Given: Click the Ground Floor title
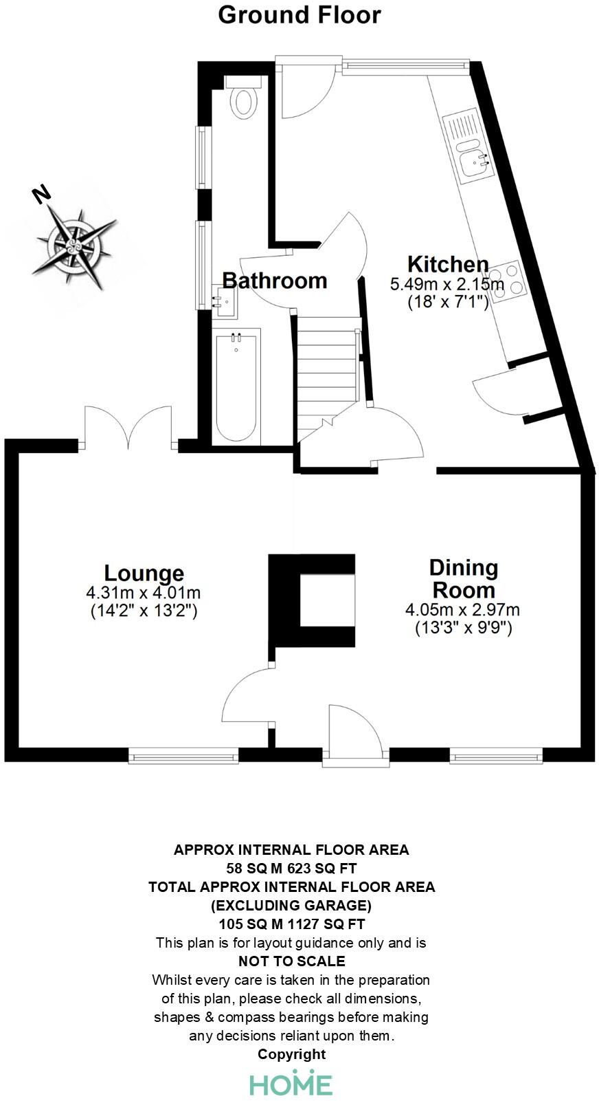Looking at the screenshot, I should click(x=299, y=14).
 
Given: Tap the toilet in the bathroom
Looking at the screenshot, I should click(x=243, y=100).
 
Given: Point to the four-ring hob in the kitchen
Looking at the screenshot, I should click(x=508, y=281).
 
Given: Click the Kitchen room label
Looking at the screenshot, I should click(x=447, y=264).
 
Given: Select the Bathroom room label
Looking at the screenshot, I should click(x=275, y=281).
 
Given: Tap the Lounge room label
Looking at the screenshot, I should click(x=144, y=573).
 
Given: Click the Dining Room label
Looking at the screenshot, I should click(x=463, y=578).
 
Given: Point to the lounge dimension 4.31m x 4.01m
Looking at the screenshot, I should click(x=144, y=592).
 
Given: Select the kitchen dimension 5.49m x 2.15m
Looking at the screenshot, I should click(x=447, y=283).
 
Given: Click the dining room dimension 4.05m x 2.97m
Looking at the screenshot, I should click(x=463, y=609).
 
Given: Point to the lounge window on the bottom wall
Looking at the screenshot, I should click(x=183, y=756).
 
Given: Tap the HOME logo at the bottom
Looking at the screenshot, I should click(x=291, y=1083).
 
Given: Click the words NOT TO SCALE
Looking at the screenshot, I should click(x=292, y=961).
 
